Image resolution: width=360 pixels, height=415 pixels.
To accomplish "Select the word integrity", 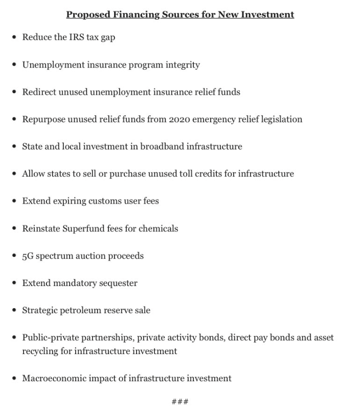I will [182, 64].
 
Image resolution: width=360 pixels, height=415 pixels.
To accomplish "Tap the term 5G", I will [28, 256].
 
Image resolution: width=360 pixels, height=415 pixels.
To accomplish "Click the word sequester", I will [118, 283].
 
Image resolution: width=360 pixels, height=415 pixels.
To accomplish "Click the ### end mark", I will [180, 401].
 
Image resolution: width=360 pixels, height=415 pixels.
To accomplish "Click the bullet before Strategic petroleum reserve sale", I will [14, 311].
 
